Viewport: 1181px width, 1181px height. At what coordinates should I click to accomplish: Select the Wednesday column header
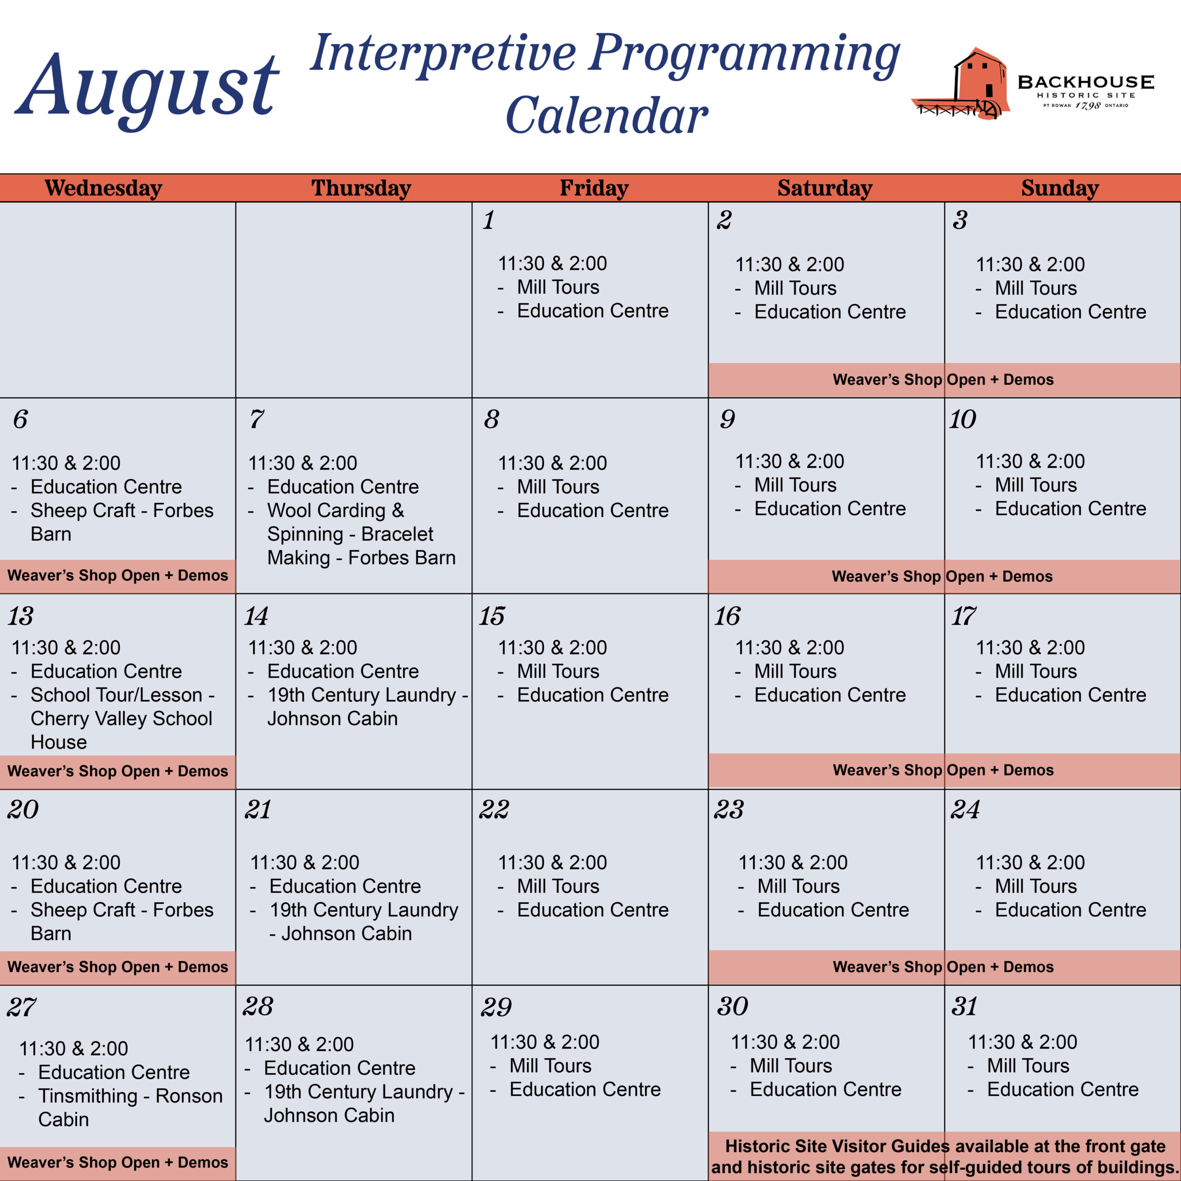[103, 188]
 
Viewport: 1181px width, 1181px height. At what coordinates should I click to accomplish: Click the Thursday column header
[361, 188]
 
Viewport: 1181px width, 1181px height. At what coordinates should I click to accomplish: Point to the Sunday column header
[1060, 188]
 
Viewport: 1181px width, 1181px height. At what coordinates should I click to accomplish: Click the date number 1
[489, 220]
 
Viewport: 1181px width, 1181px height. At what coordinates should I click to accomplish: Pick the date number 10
[962, 419]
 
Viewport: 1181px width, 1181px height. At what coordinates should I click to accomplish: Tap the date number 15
[492, 616]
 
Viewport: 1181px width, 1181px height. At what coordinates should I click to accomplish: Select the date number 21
[257, 810]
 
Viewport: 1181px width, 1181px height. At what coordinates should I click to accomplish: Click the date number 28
[257, 1007]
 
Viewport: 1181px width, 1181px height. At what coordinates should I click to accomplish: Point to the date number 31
[965, 1007]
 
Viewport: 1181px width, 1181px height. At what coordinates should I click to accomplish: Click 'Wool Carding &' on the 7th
[335, 510]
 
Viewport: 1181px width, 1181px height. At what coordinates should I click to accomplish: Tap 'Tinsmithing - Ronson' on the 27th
[130, 1096]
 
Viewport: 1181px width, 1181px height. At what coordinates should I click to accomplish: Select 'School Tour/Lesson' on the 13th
[116, 695]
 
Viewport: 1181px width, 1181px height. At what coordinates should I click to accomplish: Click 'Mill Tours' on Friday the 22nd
[558, 886]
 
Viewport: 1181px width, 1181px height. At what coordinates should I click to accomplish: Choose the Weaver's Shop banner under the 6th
[117, 576]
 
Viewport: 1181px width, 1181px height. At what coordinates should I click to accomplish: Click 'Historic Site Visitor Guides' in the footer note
[837, 1146]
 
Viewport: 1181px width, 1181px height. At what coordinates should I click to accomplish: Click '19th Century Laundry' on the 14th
[362, 695]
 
